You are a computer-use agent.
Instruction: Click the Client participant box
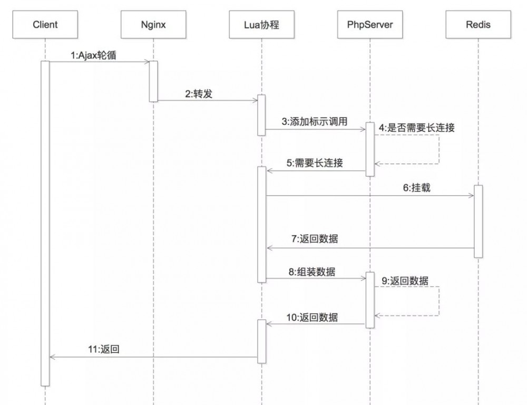(x=45, y=24)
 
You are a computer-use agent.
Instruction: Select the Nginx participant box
(x=153, y=24)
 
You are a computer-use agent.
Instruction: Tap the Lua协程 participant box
(x=261, y=24)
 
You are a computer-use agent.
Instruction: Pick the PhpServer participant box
(x=369, y=24)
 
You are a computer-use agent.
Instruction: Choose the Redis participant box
(x=478, y=24)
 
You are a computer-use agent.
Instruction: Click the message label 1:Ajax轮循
(x=93, y=55)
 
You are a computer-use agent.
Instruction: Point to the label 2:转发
(x=199, y=94)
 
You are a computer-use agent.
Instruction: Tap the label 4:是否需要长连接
(x=416, y=128)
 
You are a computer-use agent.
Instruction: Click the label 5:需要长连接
(x=315, y=163)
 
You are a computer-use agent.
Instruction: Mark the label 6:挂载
(x=417, y=188)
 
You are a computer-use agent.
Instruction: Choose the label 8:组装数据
(x=312, y=272)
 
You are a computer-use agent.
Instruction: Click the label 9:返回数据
(x=405, y=281)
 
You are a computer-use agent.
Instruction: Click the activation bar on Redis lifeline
(x=478, y=221)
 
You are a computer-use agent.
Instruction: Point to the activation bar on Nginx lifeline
(x=153, y=81)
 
